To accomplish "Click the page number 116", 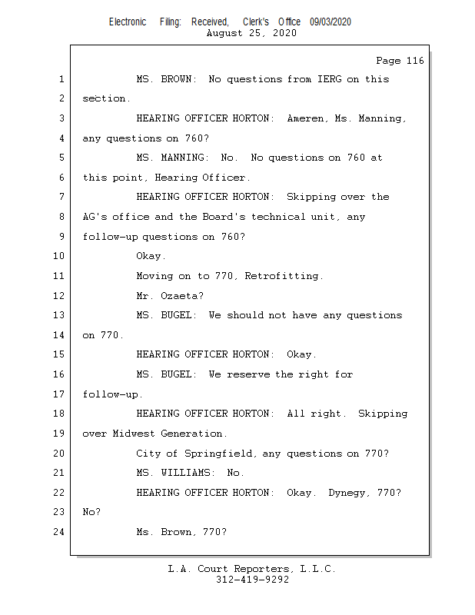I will (414, 61).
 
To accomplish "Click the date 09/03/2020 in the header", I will (331, 22).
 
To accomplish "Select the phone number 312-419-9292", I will (252, 580).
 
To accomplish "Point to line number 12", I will (61, 295).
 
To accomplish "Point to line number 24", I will (61, 532).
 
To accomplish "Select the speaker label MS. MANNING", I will (176, 158).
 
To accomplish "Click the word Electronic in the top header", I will (128, 22).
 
